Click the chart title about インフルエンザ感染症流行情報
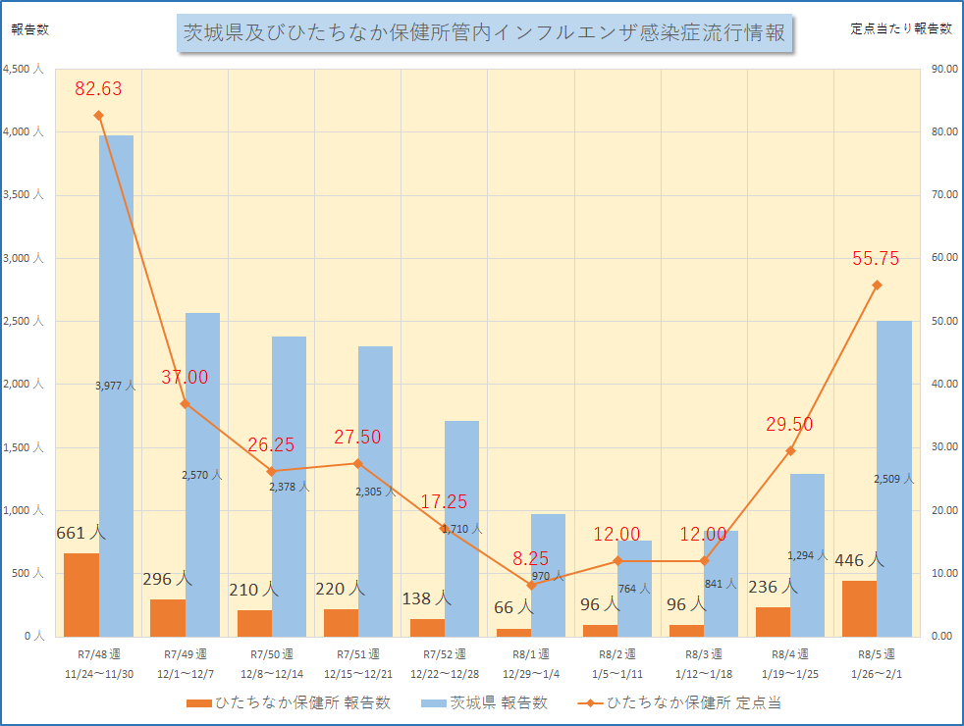pyautogui.click(x=485, y=32)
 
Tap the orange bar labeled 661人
pyautogui.click(x=81, y=595)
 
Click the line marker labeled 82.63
pyautogui.click(x=98, y=115)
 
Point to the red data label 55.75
pyautogui.click(x=876, y=259)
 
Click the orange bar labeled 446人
pyautogui.click(x=859, y=608)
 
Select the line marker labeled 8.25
pyautogui.click(x=531, y=585)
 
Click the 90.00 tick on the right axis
pyautogui.click(x=943, y=70)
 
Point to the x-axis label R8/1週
pyautogui.click(x=531, y=653)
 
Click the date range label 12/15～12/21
pyautogui.click(x=358, y=672)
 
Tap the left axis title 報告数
pyautogui.click(x=29, y=28)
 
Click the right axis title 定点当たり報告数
pyautogui.click(x=900, y=28)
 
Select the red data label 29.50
pyautogui.click(x=789, y=424)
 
